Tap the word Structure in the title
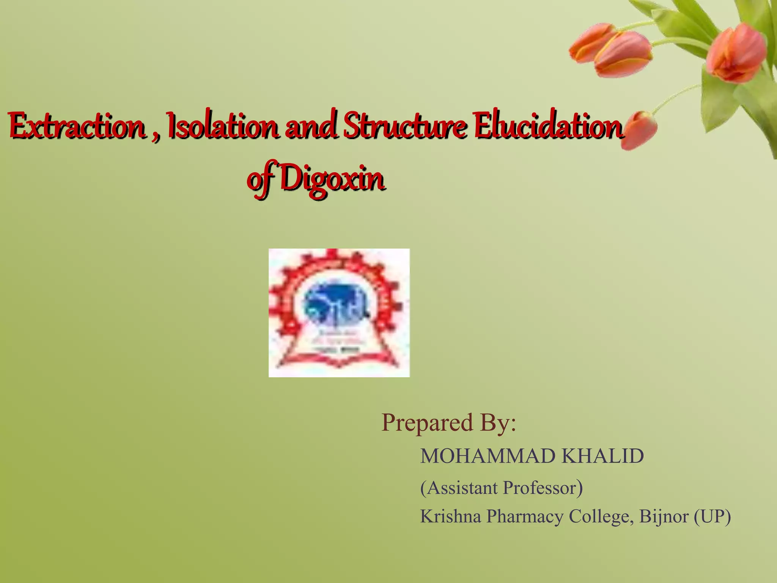coord(404,125)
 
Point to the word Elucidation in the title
coord(548,125)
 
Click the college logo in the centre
coord(339,313)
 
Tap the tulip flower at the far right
coord(736,53)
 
